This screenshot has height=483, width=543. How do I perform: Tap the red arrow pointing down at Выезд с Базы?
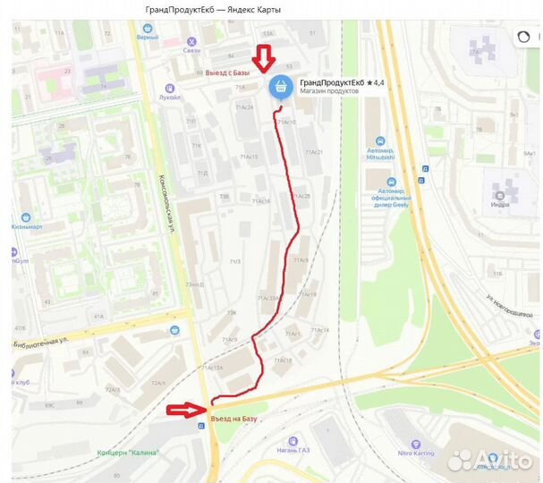coord(262,59)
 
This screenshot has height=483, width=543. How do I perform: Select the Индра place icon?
coord(499,191)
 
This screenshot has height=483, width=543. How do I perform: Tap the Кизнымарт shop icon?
coord(24,217)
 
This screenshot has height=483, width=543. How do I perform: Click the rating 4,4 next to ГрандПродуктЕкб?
coord(375,82)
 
